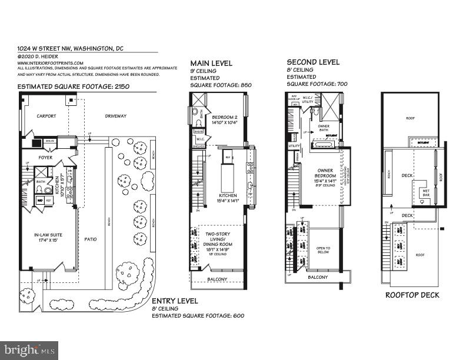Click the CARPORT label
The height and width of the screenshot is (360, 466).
(46, 116)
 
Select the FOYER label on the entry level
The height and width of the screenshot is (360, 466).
(46, 157)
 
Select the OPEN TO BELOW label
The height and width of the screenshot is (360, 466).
(323, 250)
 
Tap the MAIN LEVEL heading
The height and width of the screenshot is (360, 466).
(211, 63)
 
